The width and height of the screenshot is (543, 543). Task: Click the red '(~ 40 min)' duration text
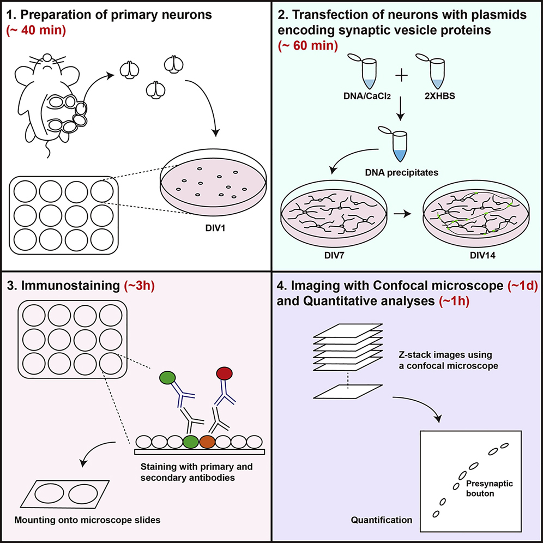pos(37,31)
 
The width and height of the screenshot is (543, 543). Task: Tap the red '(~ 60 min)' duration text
pos(308,45)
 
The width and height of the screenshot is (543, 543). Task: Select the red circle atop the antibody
pos(224,375)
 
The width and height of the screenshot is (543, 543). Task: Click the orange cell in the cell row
pos(208,441)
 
